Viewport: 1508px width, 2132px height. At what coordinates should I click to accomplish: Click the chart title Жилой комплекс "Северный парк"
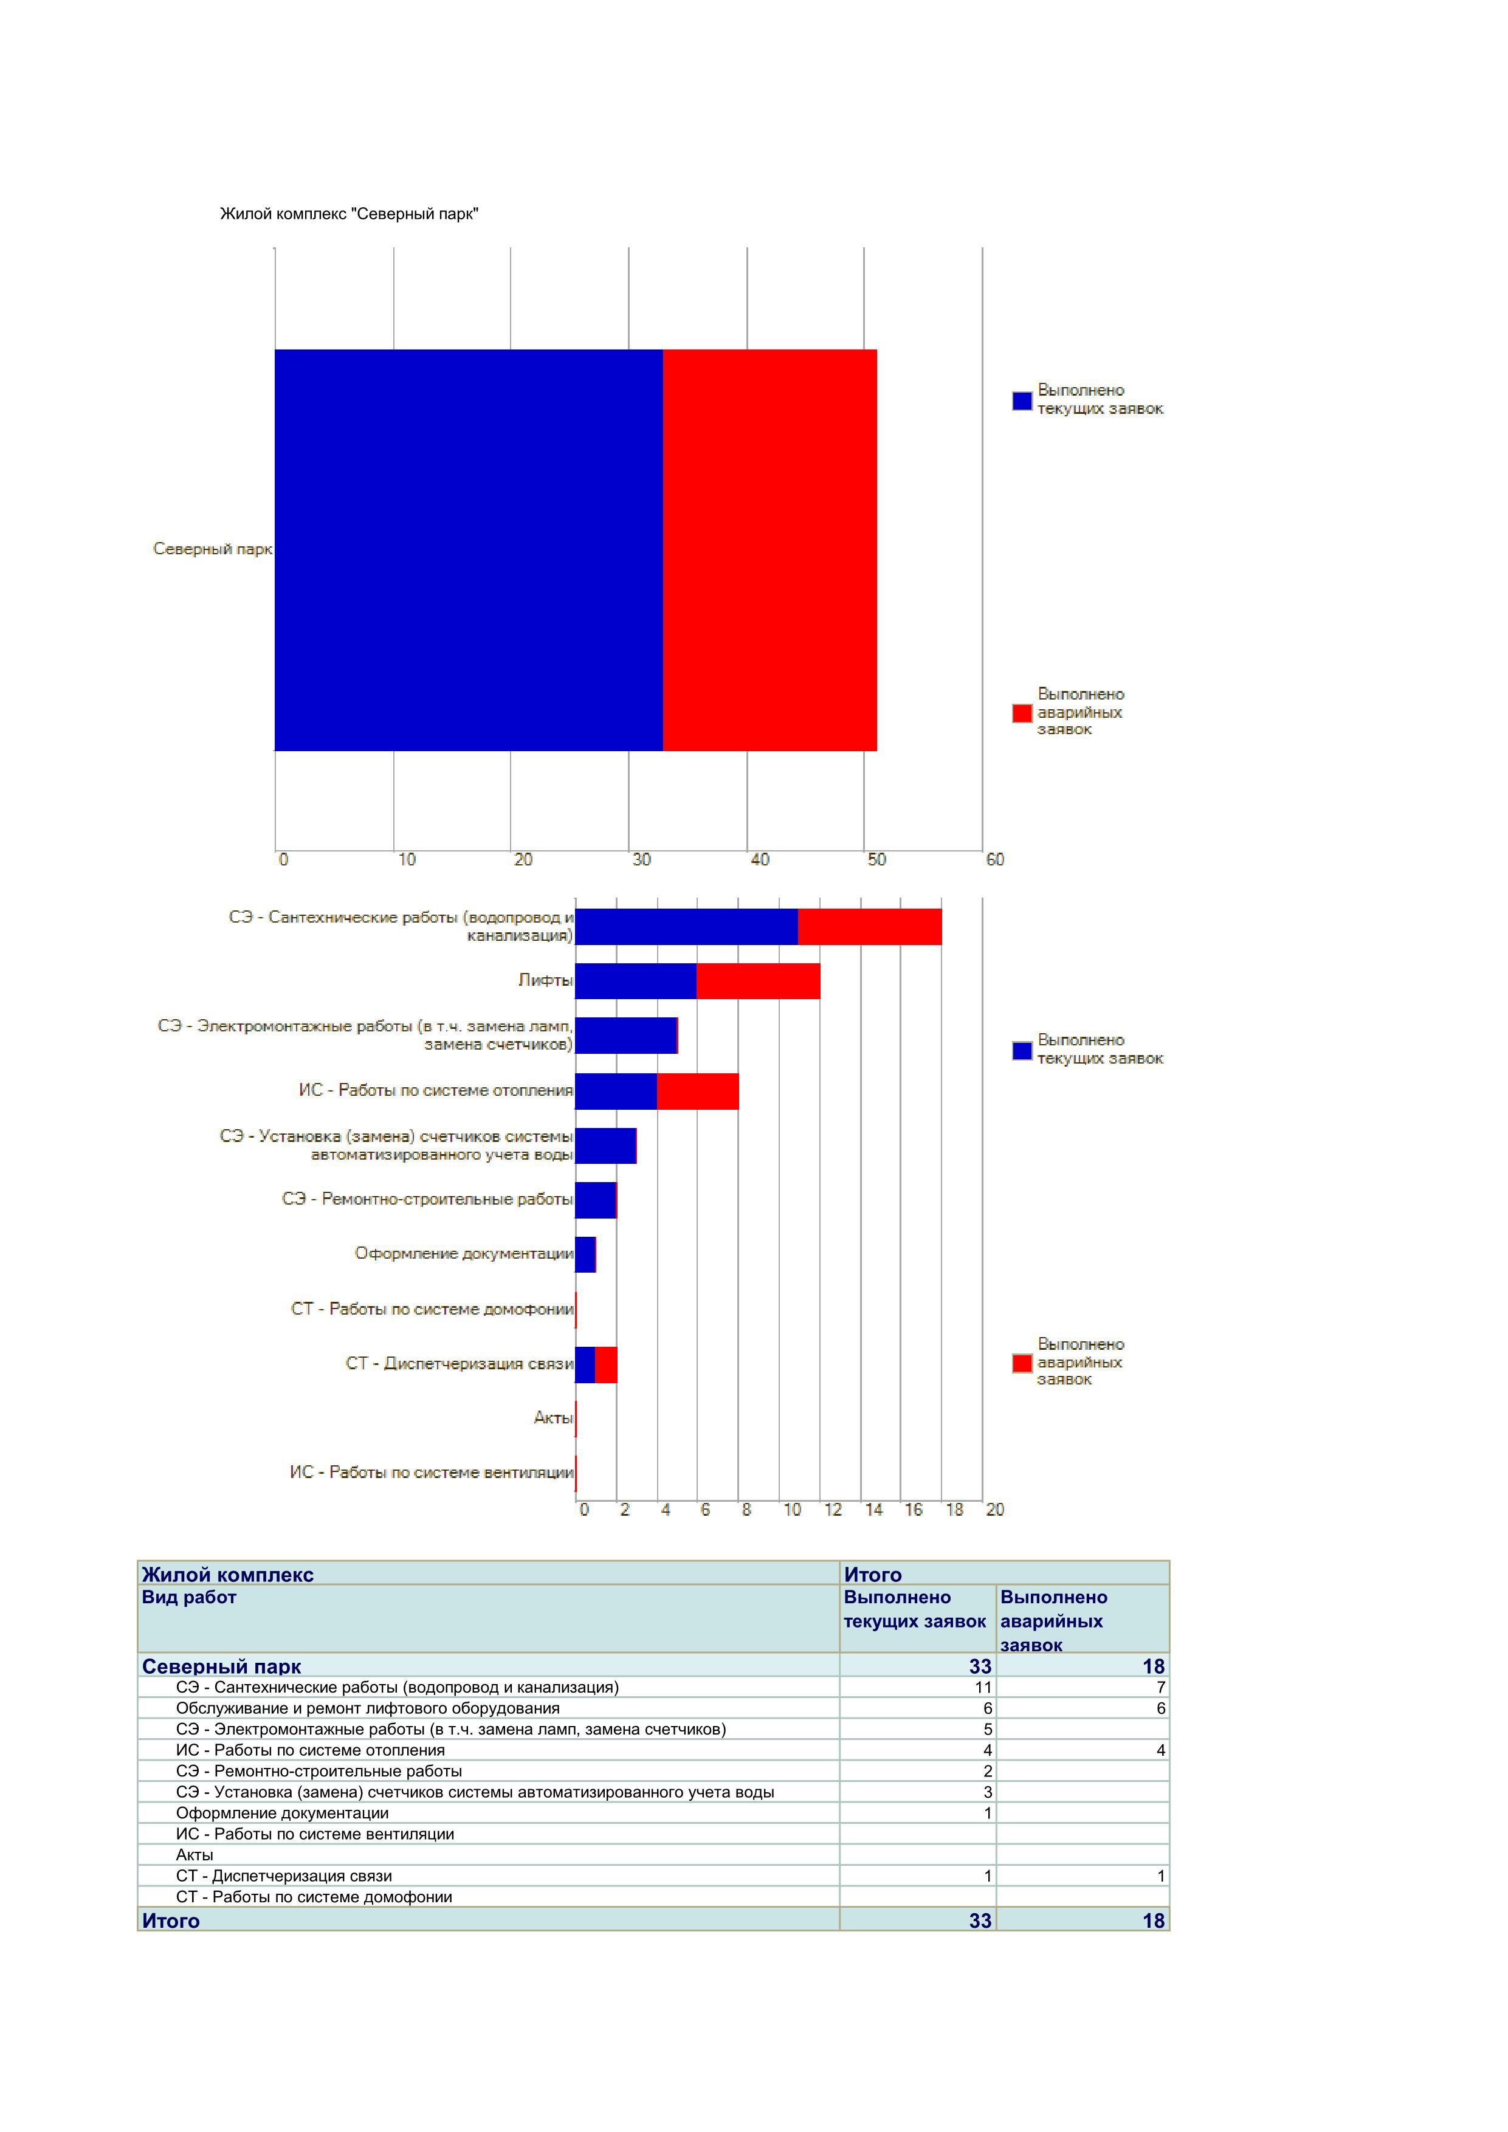[349, 215]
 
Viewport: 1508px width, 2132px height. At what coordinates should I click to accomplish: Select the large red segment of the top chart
[769, 550]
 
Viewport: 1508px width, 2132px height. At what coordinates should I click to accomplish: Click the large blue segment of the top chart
[469, 550]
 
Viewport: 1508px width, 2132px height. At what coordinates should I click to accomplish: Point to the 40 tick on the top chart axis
[760, 860]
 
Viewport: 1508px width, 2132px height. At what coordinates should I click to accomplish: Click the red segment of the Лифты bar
[758, 982]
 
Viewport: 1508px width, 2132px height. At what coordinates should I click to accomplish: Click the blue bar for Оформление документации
[585, 1254]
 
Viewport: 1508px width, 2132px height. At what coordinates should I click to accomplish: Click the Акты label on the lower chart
[554, 1418]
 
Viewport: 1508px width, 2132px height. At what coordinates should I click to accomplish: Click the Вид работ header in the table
[190, 1597]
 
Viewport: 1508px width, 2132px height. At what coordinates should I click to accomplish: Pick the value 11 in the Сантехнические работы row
[982, 1687]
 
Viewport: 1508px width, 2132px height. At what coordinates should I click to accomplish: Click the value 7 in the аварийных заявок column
[1160, 1687]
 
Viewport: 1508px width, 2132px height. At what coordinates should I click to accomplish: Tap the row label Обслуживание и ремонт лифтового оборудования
[368, 1708]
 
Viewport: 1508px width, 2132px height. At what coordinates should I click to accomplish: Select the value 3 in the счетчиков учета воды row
[987, 1792]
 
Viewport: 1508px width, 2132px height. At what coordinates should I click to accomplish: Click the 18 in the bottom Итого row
[1152, 1921]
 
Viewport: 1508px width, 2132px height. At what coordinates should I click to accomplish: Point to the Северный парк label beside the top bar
[213, 550]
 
